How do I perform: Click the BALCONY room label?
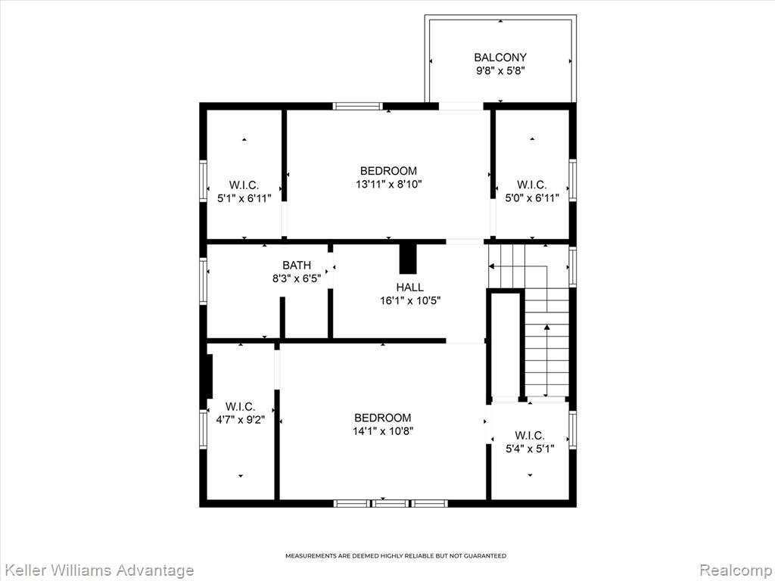click(x=500, y=57)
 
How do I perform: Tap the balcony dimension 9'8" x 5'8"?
click(x=500, y=70)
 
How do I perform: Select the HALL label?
click(x=409, y=287)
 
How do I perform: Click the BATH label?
click(x=297, y=266)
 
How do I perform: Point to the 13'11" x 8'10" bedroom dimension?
click(x=388, y=185)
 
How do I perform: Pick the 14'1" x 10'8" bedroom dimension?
click(x=382, y=430)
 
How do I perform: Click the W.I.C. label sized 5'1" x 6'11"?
click(x=244, y=185)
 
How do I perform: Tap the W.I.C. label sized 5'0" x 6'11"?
click(x=532, y=185)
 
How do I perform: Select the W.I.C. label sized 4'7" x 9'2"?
click(x=240, y=406)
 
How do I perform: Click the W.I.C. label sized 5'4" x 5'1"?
click(x=530, y=435)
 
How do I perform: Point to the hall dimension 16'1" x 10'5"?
click(x=410, y=300)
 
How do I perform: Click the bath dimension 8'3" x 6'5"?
click(x=297, y=278)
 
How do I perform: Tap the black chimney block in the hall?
click(x=408, y=259)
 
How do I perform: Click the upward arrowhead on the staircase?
click(x=546, y=327)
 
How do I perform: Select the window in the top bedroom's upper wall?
click(x=357, y=106)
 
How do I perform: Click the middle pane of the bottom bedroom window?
click(x=391, y=503)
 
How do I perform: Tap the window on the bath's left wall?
click(x=203, y=281)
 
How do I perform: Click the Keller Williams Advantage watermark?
click(x=97, y=570)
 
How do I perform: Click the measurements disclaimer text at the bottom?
click(x=396, y=556)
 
